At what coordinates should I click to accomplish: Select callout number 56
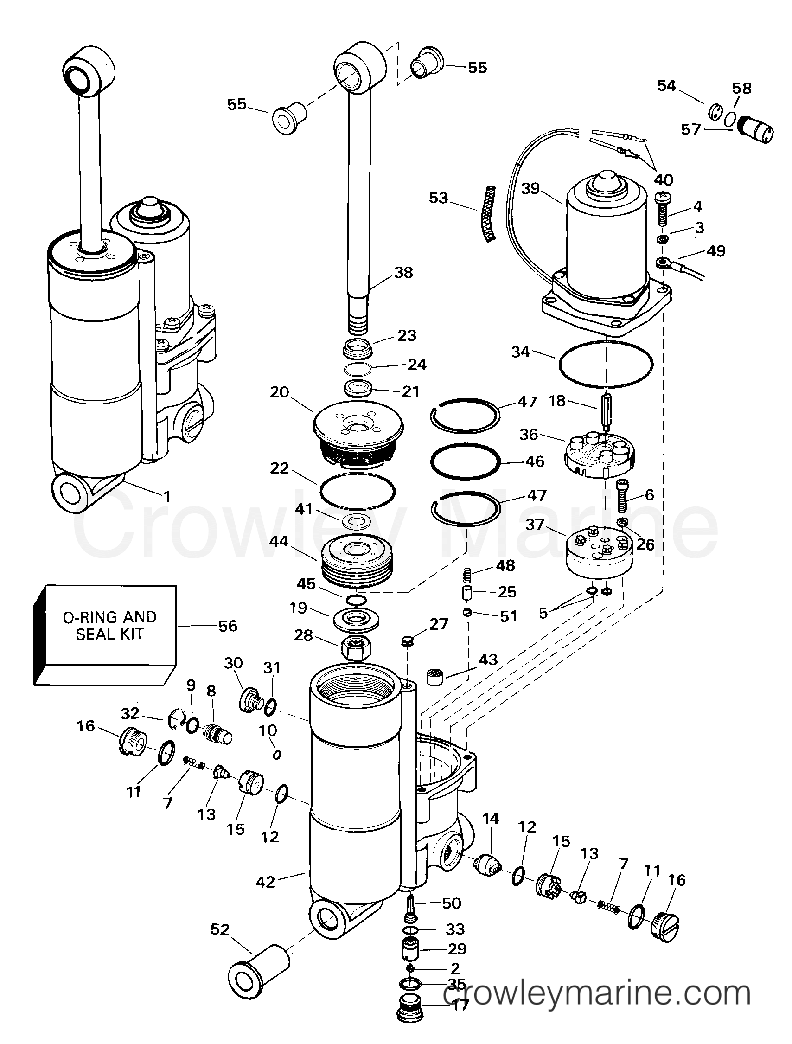(x=228, y=626)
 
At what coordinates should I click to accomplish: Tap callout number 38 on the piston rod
(x=403, y=272)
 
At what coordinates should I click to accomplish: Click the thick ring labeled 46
(x=465, y=461)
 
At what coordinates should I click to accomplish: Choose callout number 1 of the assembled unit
(x=166, y=496)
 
